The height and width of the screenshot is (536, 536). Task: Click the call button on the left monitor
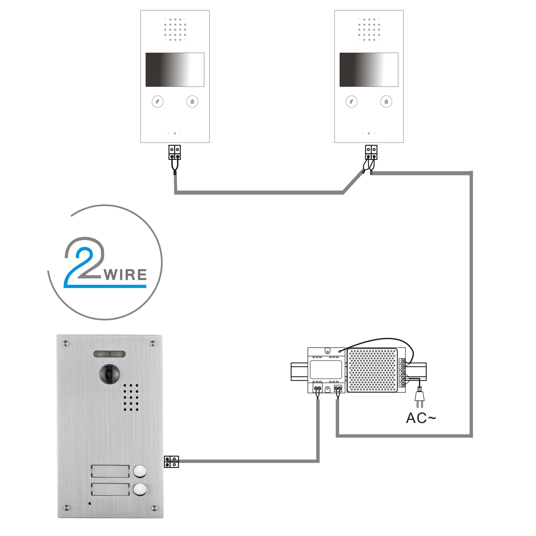(158, 102)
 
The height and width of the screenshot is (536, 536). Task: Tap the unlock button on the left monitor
(192, 102)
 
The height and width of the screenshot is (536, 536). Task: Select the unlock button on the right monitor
(386, 102)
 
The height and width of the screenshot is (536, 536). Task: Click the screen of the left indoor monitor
(175, 70)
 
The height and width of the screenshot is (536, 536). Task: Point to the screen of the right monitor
(369, 70)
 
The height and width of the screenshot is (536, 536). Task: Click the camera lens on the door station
(109, 374)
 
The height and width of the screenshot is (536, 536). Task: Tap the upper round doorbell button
(140, 471)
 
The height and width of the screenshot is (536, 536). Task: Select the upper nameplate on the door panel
(110, 471)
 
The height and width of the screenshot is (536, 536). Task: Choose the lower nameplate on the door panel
(110, 490)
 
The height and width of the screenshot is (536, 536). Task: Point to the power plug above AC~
(419, 395)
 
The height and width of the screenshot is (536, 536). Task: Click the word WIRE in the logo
(125, 275)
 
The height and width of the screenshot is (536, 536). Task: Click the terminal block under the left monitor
(175, 152)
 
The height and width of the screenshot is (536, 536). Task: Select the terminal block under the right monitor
(371, 152)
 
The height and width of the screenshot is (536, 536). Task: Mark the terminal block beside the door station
(172, 462)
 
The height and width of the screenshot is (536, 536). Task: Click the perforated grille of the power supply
(372, 370)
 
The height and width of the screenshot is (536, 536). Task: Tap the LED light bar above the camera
(109, 354)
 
